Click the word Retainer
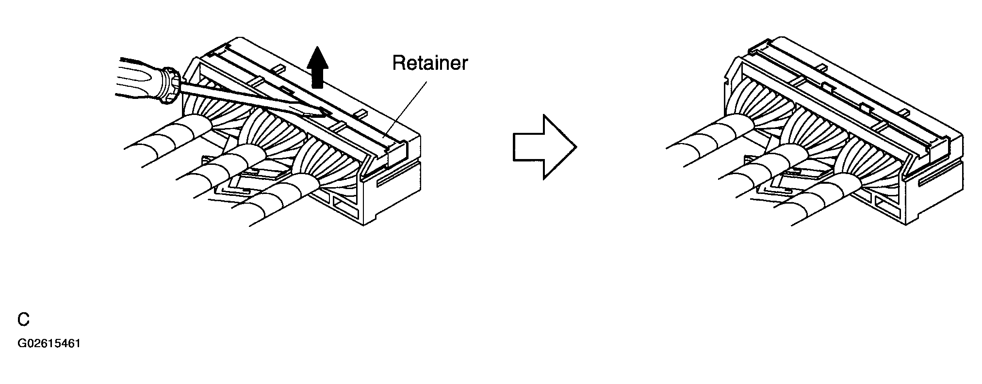click(x=430, y=63)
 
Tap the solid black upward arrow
click(x=317, y=67)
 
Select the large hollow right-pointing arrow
click(x=545, y=147)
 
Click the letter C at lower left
click(x=23, y=319)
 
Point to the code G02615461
click(x=49, y=344)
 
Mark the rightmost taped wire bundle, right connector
click(x=820, y=198)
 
